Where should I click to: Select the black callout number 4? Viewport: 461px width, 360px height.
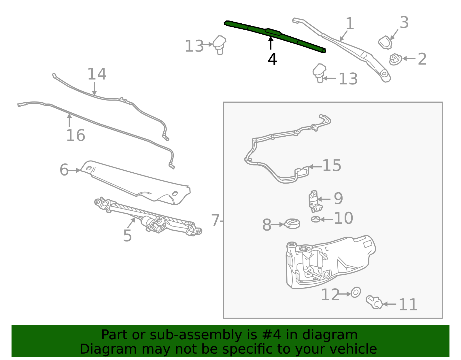click(272, 59)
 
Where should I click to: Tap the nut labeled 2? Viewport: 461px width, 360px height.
click(395, 59)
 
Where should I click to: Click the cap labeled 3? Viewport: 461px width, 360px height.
click(385, 42)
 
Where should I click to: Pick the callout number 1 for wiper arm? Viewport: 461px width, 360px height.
click(349, 24)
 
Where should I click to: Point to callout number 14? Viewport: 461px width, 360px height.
click(97, 74)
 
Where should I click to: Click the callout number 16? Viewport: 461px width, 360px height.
click(75, 135)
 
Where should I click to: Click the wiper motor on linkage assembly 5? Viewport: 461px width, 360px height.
click(153, 223)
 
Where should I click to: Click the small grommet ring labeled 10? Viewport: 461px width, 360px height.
click(316, 219)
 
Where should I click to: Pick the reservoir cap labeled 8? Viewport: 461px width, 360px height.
click(292, 223)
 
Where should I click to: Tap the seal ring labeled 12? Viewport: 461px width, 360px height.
click(356, 293)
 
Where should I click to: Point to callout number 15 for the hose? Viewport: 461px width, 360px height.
click(331, 166)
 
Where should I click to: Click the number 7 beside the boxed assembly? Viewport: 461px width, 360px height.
click(215, 220)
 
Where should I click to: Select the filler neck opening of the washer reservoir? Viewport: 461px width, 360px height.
click(291, 245)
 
